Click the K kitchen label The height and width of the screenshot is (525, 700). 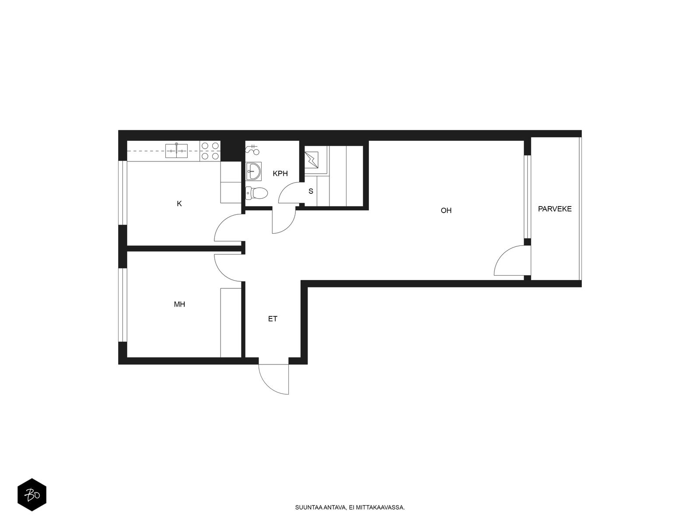pos(179,204)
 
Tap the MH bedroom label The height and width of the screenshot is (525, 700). pos(179,304)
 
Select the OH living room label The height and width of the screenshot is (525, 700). pos(446,210)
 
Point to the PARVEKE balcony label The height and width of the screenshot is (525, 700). pos(555,209)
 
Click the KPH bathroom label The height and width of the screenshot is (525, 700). pos(280,173)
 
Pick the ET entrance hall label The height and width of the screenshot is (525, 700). pos(273,319)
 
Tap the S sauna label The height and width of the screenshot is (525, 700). pos(311,191)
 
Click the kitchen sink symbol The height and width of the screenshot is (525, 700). pos(176,151)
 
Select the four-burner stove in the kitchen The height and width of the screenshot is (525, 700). pos(210,151)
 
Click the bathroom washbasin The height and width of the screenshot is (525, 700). pos(254,171)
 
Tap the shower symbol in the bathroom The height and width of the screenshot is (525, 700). pos(253,149)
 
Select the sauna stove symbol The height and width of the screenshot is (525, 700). pos(311,160)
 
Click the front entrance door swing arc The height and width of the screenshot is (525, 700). pos(267,385)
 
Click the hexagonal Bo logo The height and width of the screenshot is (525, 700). pos(32,495)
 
